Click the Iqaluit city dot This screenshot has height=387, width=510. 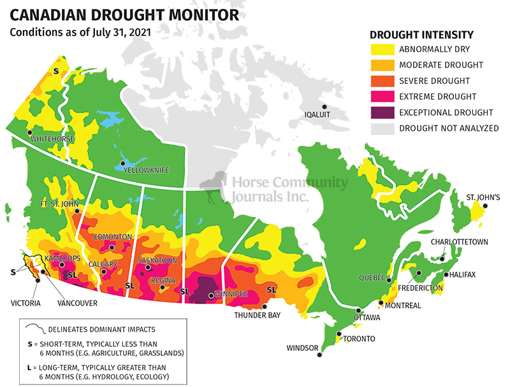(324, 107)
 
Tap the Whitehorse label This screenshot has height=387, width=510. (53, 139)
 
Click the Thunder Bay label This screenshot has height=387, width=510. (254, 315)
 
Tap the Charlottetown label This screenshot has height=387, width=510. (460, 242)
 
